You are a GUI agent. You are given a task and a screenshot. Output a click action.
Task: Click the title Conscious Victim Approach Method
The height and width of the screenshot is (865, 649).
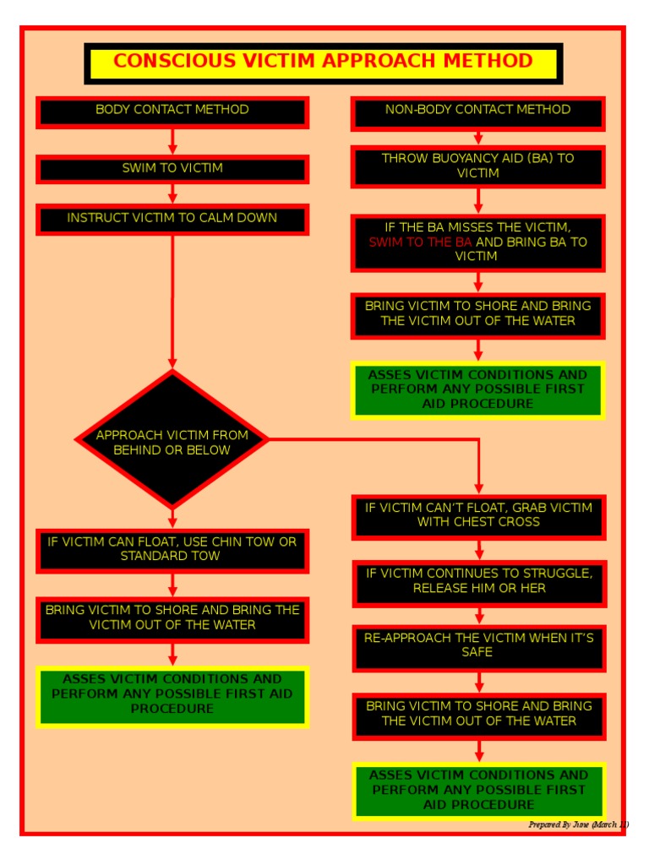click(323, 62)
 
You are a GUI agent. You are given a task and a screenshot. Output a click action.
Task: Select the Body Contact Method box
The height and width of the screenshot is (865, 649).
click(172, 111)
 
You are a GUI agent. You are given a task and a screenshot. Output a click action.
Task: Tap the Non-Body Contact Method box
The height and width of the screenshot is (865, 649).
click(477, 112)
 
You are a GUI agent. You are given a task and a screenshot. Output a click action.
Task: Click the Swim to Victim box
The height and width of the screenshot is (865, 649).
click(172, 169)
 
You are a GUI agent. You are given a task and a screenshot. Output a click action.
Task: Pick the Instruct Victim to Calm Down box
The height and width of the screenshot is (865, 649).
click(172, 219)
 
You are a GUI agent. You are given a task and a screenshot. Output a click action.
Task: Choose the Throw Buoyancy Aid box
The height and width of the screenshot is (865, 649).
click(477, 166)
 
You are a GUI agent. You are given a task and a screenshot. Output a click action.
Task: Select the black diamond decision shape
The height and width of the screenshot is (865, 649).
click(172, 440)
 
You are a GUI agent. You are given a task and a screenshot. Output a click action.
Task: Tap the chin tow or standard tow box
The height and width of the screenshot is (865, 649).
click(172, 549)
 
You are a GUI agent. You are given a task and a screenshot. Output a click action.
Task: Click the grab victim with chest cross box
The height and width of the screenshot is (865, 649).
click(478, 515)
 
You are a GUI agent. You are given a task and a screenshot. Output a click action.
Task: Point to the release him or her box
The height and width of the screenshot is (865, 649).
click(479, 581)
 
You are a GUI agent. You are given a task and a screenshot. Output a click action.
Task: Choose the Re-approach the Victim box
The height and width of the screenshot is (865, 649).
click(478, 646)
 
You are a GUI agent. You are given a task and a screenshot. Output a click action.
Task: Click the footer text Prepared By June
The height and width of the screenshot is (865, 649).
click(578, 824)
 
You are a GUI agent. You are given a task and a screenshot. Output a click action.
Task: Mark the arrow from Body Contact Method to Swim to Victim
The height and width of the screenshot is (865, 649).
click(172, 141)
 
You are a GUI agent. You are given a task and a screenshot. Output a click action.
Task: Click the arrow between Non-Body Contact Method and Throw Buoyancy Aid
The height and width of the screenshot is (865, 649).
click(478, 138)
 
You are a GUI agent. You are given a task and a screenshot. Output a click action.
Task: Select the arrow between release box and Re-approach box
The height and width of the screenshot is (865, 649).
click(479, 616)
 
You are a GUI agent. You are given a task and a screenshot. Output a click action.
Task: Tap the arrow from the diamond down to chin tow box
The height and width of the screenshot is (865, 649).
click(172, 517)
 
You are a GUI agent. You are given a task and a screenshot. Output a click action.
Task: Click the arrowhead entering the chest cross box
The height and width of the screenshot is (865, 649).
click(479, 488)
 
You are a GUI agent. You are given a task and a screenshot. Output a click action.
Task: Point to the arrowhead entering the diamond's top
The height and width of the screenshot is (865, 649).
click(172, 363)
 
